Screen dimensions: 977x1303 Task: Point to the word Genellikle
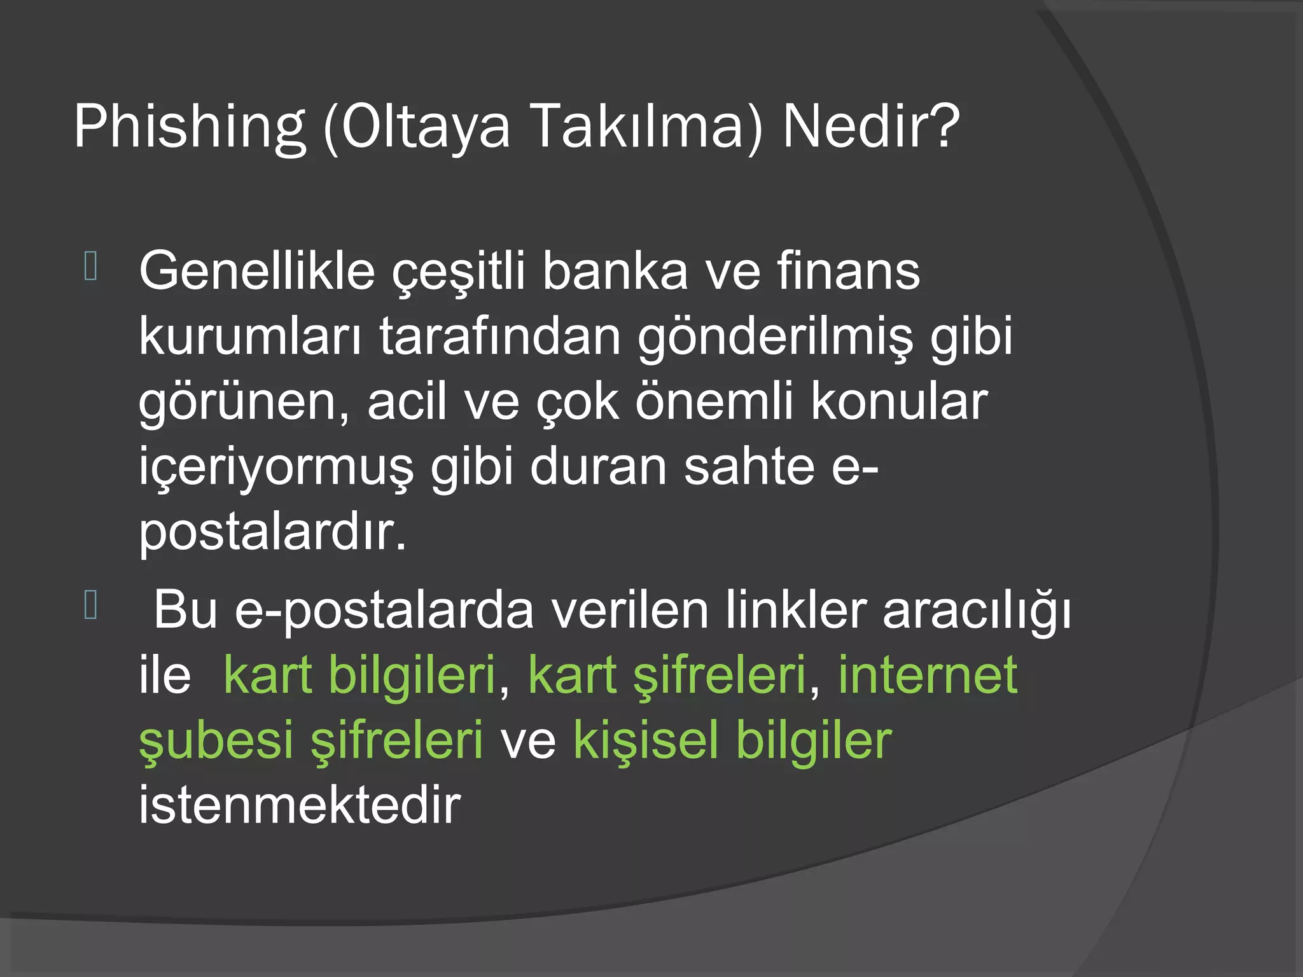[x=257, y=271]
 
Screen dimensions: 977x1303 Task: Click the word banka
[x=615, y=271]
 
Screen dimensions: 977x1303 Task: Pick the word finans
[x=847, y=271]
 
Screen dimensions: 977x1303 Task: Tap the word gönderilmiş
[x=775, y=337]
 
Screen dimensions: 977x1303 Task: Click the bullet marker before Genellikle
[x=90, y=267]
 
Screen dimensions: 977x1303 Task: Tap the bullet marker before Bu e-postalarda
[x=90, y=605]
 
